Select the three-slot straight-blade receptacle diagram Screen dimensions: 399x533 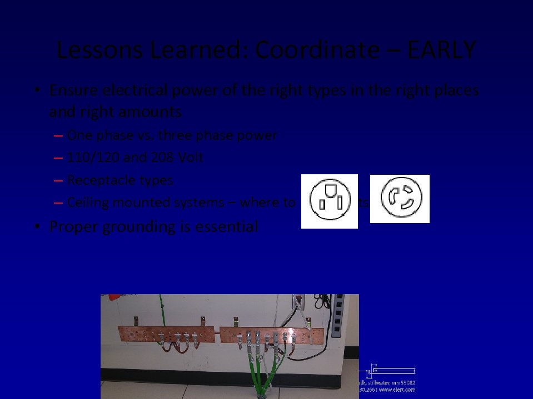click(x=329, y=201)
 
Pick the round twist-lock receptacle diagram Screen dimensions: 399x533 click(x=400, y=199)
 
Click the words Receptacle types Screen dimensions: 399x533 click(x=120, y=180)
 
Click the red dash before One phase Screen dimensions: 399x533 click(x=59, y=136)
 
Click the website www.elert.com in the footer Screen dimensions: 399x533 click(x=397, y=390)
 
